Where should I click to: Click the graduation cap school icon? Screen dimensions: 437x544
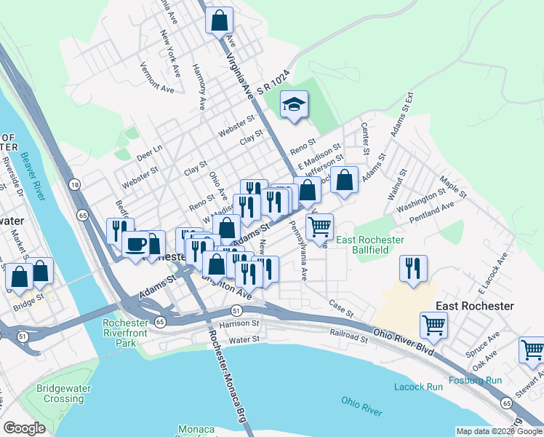tap(295, 104)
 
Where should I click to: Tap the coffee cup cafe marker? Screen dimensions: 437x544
tap(136, 244)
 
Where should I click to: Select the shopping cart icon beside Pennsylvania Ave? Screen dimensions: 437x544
tap(319, 227)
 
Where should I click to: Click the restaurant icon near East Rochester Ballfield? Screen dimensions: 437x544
tap(413, 268)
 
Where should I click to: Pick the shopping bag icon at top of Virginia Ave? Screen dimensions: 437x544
tap(219, 20)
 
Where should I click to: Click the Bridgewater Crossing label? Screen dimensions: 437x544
tap(63, 393)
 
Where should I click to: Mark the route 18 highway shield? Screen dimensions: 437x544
tap(75, 186)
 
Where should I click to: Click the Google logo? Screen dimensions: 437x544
tap(24, 428)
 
